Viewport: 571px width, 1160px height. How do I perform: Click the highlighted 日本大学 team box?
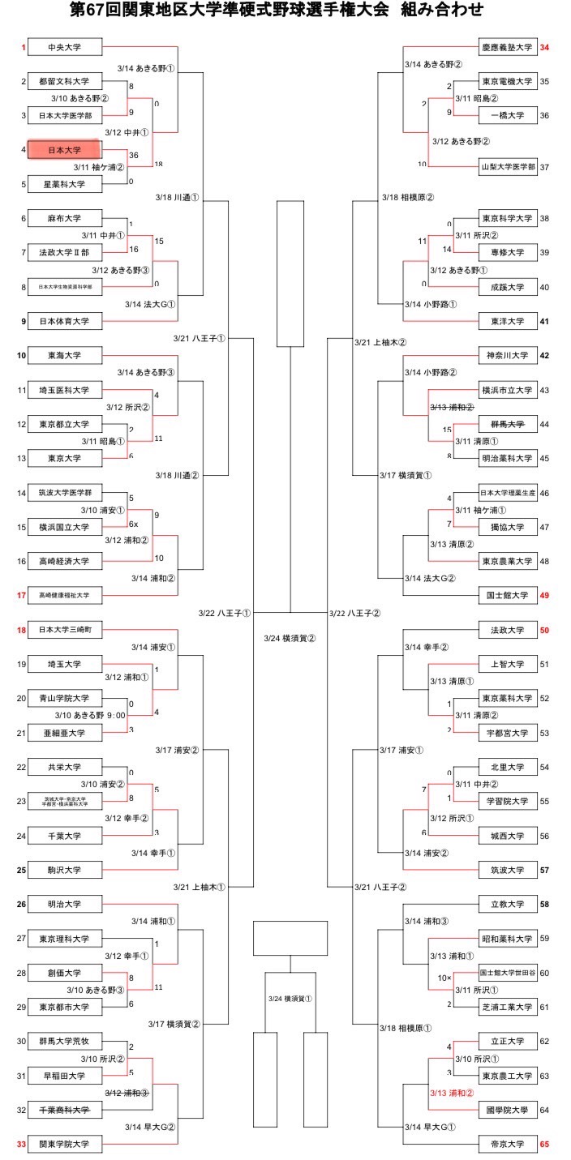65,150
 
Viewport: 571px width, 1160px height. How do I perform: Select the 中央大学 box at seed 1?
65,48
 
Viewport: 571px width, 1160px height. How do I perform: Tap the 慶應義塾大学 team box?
507,48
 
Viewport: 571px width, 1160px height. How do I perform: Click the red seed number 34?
544,48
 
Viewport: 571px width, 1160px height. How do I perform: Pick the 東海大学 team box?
65,355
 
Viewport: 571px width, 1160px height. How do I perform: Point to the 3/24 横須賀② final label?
290,638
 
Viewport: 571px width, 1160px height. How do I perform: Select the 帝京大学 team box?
507,1144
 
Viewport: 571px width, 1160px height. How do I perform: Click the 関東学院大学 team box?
65,1144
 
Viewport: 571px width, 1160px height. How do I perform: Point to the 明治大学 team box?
65,904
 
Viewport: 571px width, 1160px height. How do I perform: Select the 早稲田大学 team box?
65,1075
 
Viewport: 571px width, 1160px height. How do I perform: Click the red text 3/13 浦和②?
453,1092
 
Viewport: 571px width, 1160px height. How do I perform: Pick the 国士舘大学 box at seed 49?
507,596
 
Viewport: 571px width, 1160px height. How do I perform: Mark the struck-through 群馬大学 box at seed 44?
507,424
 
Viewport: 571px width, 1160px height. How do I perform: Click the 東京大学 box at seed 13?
65,458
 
